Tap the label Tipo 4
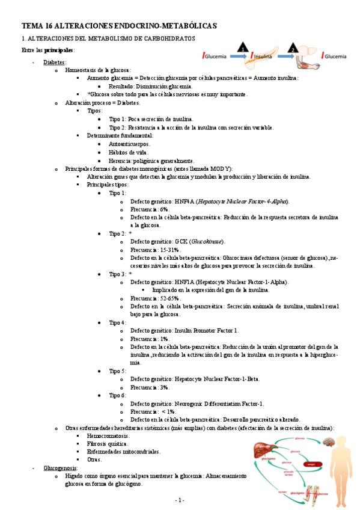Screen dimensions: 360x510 click(117, 322)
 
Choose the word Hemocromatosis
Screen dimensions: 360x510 click(108, 435)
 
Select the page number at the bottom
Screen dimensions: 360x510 click(179, 500)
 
